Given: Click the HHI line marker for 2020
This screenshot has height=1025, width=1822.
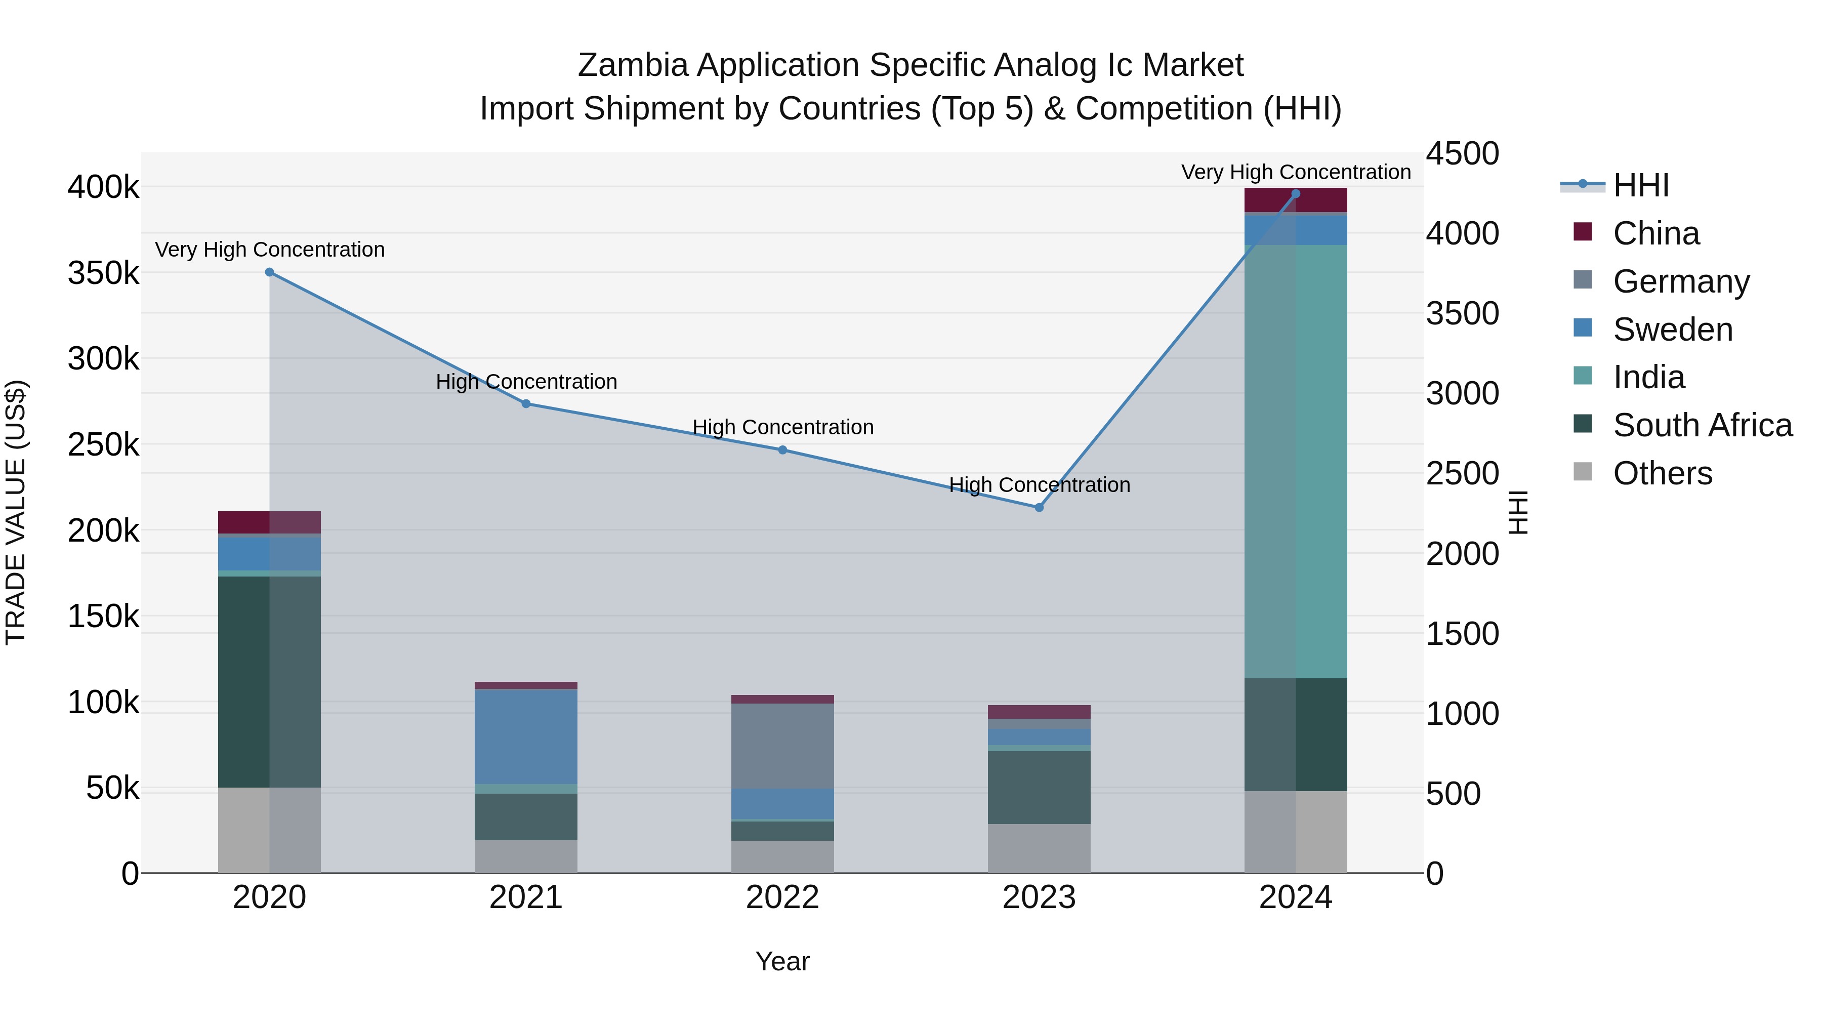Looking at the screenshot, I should [269, 272].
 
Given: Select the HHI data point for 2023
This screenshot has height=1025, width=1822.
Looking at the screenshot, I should [1039, 507].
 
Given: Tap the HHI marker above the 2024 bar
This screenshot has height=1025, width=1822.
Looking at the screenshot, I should [1296, 193].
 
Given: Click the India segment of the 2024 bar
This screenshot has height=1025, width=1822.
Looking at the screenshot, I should [1296, 460].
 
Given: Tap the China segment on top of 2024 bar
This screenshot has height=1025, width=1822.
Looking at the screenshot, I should [1296, 200].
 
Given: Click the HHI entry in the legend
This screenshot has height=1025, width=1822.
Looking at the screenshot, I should [1641, 185].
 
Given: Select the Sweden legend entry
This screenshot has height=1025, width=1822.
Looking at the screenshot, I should [1673, 330].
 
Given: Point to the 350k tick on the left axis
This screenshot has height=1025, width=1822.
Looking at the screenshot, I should [103, 273].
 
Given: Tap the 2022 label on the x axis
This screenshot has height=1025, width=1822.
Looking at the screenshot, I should [782, 897].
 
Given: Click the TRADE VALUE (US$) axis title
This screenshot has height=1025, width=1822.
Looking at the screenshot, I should [16, 512].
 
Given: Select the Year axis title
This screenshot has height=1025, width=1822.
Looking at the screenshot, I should [782, 961].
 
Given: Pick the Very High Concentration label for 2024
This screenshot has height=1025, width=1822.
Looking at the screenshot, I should [1296, 172].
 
